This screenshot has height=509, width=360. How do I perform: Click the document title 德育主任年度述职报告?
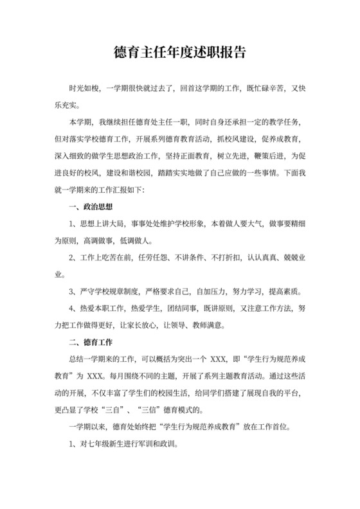(x=180, y=52)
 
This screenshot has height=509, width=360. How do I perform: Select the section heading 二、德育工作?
(x=91, y=341)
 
